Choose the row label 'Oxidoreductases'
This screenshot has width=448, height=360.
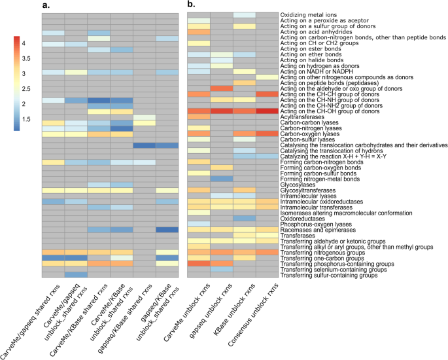[x=302, y=218]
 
